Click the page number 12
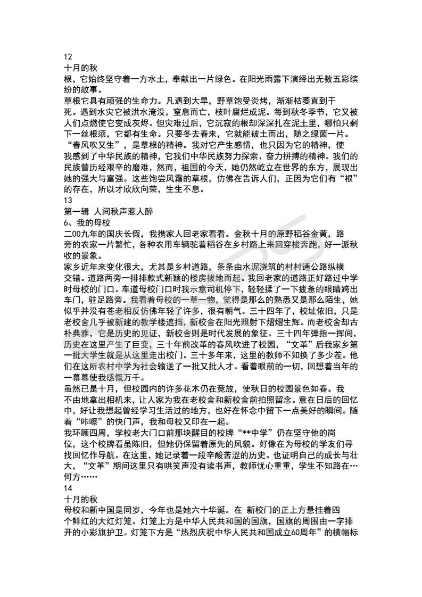(x=68, y=57)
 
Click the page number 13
(x=68, y=200)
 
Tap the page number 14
(x=68, y=477)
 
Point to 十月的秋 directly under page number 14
(x=80, y=488)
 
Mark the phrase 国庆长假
(x=135, y=234)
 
